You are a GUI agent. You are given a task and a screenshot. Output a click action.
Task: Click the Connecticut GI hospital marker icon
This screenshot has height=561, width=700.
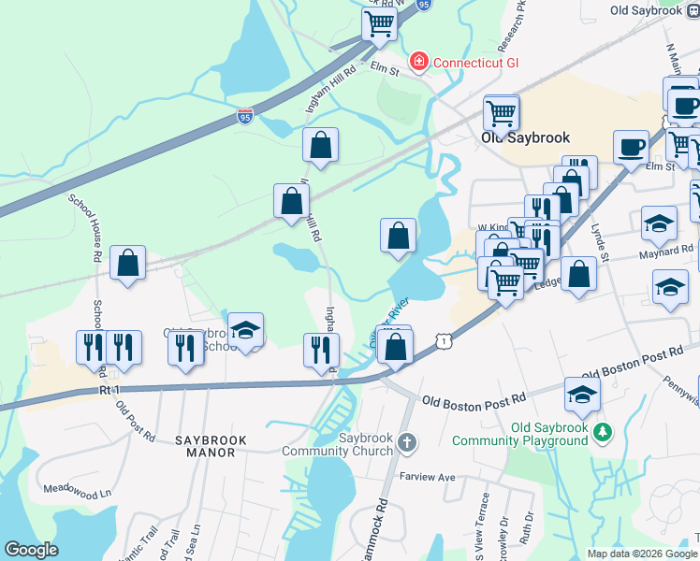click(x=418, y=62)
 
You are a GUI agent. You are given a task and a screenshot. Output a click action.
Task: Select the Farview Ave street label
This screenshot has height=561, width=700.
click(x=427, y=477)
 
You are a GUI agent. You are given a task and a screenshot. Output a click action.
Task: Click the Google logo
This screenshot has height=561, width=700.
click(x=31, y=550)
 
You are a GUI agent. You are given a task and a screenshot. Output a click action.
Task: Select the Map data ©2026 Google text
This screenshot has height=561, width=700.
click(x=641, y=554)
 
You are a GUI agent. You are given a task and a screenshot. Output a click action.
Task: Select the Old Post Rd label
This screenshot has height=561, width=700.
click(x=136, y=421)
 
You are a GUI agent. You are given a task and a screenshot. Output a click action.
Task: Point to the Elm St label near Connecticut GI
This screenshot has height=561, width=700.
click(x=385, y=68)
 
